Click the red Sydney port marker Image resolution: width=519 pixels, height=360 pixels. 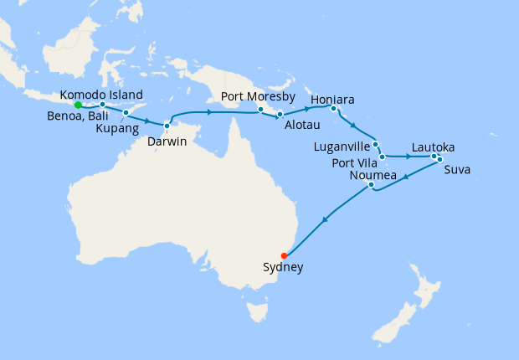pos(285,255)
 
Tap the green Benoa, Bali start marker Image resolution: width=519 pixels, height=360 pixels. pos(78,105)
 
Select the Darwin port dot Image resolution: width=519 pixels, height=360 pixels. pos(167,126)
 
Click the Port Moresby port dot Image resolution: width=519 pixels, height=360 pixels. pos(260,110)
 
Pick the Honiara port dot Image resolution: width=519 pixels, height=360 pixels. pos(333,108)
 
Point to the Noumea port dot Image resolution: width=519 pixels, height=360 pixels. pos(371,186)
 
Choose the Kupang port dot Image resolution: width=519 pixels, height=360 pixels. pos(126,112)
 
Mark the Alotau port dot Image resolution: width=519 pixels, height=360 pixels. pos(280,114)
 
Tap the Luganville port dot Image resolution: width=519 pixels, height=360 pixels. pos(376,144)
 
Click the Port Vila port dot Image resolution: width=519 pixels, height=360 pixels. pos(382,157)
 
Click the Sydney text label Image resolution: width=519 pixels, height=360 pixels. pos(283,269)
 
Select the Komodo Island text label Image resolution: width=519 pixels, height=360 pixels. pos(101,95)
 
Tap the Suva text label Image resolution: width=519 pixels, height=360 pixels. pos(457,170)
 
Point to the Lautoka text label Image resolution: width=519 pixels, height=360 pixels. pos(434,147)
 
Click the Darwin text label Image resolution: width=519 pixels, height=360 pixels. pos(167,141)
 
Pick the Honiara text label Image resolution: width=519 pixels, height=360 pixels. pos(332,99)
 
